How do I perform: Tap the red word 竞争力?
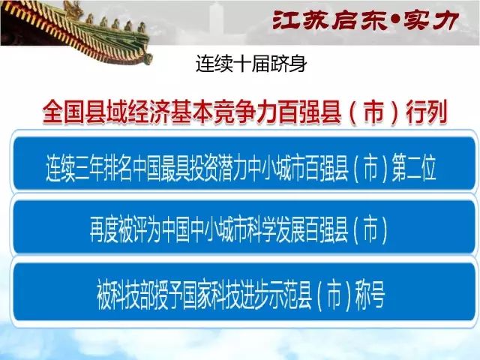click(x=245, y=112)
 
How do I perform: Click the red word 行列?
click(x=427, y=112)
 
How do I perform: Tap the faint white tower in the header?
click(x=217, y=18)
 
